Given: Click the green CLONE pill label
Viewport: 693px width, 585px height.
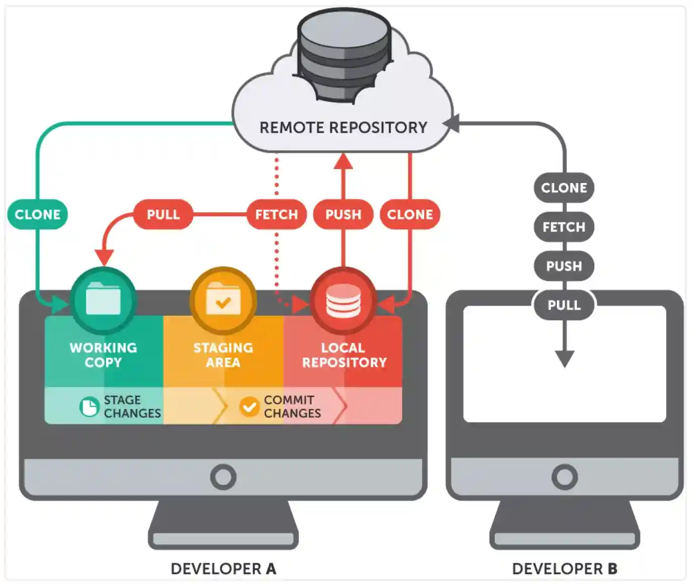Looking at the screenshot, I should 37,214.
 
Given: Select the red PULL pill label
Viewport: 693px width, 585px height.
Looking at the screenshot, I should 163,214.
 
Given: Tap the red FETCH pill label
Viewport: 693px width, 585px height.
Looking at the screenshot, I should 276,214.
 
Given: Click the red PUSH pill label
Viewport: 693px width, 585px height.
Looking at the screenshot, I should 343,214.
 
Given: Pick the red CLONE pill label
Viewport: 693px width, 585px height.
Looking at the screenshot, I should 410,214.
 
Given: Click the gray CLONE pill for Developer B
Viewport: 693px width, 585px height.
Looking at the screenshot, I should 564,188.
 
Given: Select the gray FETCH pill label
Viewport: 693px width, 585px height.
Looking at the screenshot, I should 564,227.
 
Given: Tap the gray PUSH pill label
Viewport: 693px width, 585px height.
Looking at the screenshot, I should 564,266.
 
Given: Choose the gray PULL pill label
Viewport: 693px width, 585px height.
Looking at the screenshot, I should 564,305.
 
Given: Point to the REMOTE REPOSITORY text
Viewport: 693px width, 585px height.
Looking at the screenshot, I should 343,128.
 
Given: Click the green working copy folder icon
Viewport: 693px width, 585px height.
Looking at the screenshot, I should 103,300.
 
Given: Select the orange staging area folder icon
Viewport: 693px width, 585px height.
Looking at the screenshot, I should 223,300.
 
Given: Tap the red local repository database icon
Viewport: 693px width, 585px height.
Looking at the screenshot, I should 343,301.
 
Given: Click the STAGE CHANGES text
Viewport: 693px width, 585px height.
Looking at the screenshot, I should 132,406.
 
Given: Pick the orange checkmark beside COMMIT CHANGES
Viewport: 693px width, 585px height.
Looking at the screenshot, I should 249,406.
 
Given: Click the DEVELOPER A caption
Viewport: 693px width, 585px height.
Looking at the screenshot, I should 223,569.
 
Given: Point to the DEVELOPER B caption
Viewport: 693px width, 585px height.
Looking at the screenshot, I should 564,569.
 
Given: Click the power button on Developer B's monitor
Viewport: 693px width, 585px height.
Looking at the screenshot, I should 564,477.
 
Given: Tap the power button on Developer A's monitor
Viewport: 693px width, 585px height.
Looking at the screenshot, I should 223,477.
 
